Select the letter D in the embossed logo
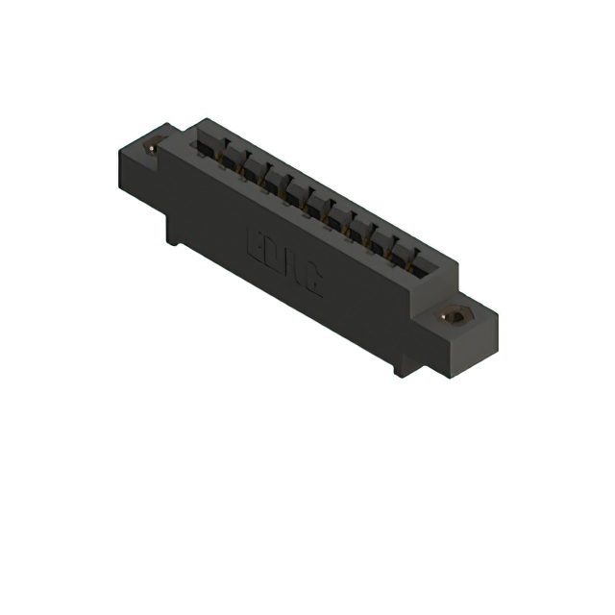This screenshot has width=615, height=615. (x=275, y=253)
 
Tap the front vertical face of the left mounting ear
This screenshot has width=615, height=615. (x=135, y=173)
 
